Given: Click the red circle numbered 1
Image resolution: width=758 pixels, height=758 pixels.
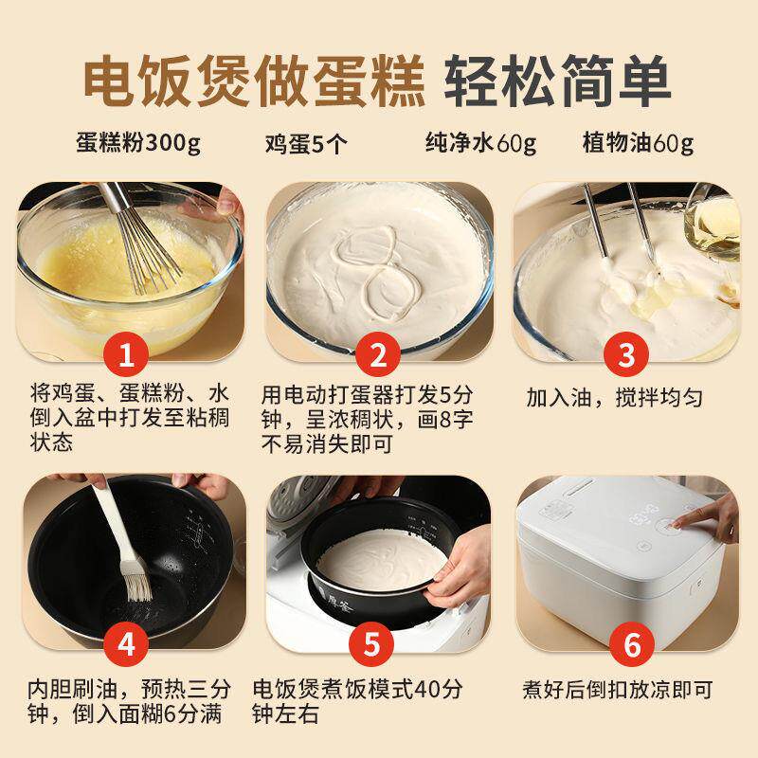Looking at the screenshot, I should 134,357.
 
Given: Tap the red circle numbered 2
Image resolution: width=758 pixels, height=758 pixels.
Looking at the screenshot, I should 378,357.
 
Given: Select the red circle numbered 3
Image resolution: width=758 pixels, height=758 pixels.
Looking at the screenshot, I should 624,357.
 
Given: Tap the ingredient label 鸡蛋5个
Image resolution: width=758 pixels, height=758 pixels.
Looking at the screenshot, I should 307,145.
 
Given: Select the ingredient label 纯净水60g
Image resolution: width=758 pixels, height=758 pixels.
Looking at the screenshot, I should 480,144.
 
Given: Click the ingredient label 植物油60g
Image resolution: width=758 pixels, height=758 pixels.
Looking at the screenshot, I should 637,144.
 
